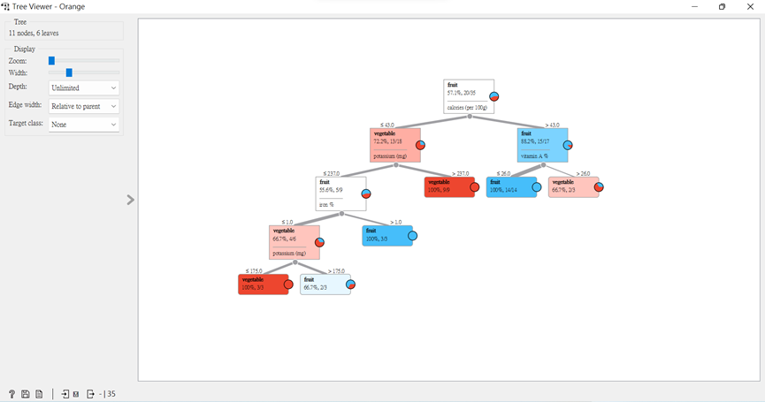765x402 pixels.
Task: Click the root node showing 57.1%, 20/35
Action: coord(469,96)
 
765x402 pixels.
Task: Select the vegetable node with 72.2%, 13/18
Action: coord(395,145)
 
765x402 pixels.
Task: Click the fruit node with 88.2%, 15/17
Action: coord(542,145)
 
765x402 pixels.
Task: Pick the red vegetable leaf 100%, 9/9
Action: coord(449,186)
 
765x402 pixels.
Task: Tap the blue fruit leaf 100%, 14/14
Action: coord(511,186)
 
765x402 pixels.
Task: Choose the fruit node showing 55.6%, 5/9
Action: coord(340,193)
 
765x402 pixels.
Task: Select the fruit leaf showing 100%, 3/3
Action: coord(386,235)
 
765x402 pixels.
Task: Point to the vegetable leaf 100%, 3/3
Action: coord(263,284)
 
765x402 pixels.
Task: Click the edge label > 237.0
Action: coord(460,173)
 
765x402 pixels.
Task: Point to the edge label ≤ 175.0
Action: coord(254,271)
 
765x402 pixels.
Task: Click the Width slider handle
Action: coord(69,73)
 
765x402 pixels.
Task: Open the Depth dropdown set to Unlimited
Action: coord(84,88)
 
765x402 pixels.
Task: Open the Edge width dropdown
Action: coord(84,106)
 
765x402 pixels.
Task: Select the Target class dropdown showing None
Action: coord(84,125)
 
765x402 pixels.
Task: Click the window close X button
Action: coord(750,7)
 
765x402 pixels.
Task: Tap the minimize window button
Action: coord(695,7)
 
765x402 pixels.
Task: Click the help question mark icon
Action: coord(11,394)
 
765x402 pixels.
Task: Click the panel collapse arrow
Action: coord(130,201)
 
